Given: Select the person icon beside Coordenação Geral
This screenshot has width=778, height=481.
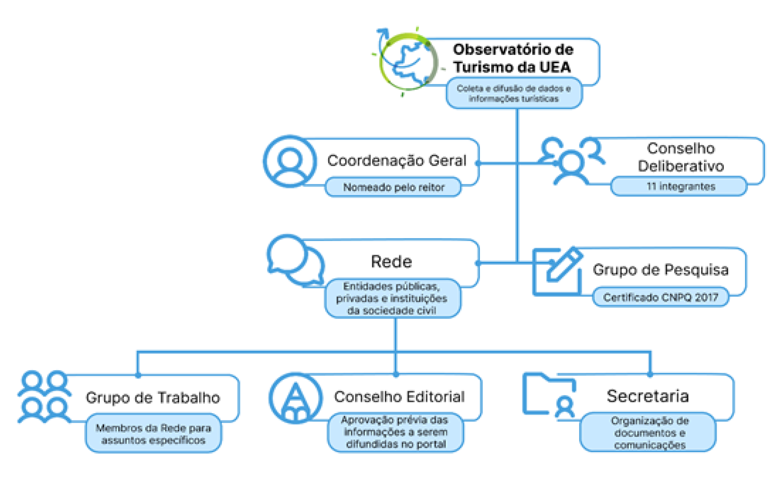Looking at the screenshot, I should (x=290, y=161).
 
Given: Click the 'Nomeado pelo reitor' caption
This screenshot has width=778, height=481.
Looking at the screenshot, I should (x=393, y=187).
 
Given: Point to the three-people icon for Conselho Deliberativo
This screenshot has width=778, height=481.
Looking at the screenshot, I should (x=571, y=161).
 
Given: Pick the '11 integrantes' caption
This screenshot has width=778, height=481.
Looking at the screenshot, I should (x=680, y=187).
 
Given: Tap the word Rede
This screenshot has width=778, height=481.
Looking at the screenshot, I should (x=391, y=262).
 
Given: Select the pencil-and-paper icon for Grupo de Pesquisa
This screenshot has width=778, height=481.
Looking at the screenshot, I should (x=558, y=272).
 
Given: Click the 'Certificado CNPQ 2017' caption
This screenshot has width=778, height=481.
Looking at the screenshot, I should (x=660, y=297).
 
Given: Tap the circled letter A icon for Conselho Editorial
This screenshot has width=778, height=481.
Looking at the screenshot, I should (x=296, y=398).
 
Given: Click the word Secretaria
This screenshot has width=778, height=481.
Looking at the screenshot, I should (x=648, y=396).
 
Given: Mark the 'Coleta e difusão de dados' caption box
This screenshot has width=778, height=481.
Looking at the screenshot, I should (x=513, y=93).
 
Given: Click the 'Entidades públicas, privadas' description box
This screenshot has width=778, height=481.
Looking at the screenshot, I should (x=392, y=298).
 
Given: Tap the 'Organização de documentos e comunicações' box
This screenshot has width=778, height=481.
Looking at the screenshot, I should (x=649, y=432).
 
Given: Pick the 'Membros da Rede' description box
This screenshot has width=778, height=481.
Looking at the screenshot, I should (x=153, y=434).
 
